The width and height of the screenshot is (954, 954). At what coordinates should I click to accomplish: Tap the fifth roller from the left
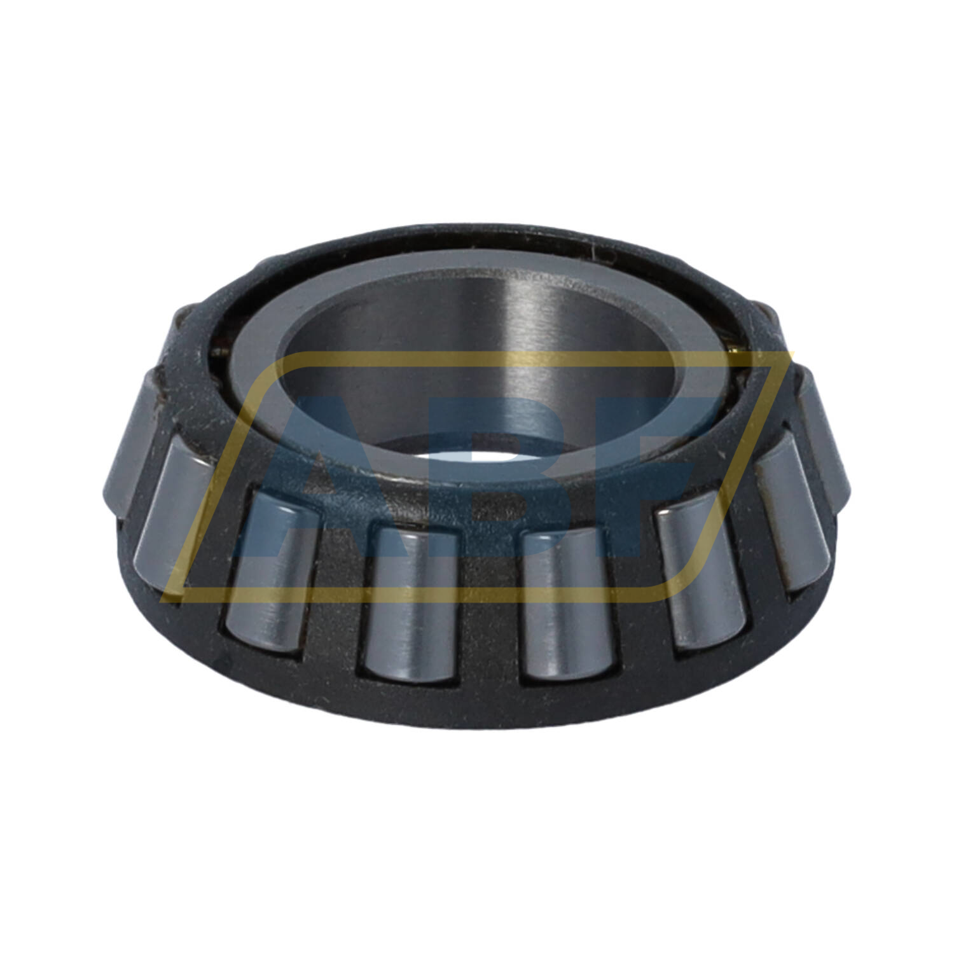click(566, 604)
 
